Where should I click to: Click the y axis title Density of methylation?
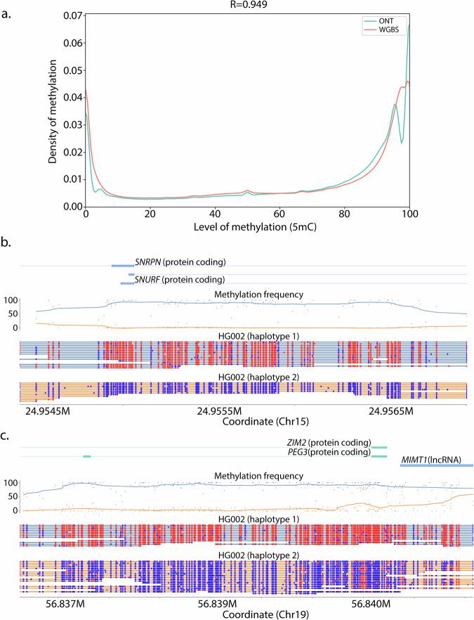point(54,110)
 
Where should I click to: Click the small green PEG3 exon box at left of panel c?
point(87,457)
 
